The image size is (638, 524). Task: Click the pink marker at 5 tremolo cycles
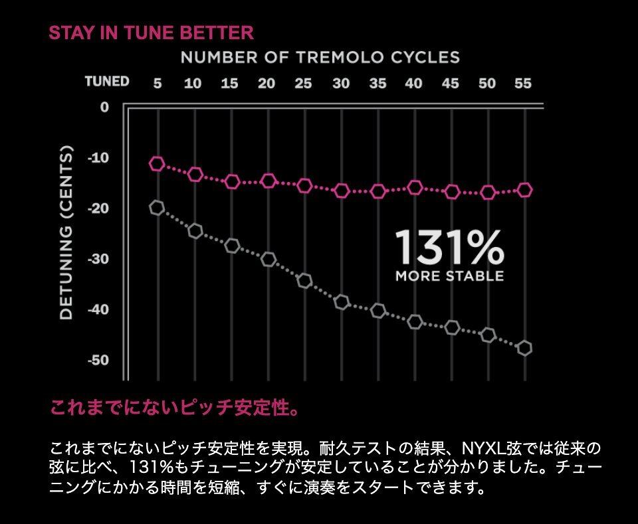tap(157, 164)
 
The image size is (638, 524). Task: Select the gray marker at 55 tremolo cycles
tap(524, 348)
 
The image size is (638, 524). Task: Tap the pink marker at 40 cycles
tap(415, 188)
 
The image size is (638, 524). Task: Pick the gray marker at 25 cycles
tap(304, 280)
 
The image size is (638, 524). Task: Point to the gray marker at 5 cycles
tap(157, 208)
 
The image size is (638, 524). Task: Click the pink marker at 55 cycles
tap(524, 190)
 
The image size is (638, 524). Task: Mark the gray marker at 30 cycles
tap(342, 302)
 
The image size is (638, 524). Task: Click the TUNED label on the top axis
tap(106, 82)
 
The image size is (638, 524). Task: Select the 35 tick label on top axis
tap(377, 84)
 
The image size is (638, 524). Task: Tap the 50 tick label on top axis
tap(486, 84)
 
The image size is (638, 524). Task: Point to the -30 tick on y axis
tap(98, 258)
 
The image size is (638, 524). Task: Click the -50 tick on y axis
tap(98, 360)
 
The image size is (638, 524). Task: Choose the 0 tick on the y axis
tap(104, 106)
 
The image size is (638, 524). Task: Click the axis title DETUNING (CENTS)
tap(67, 234)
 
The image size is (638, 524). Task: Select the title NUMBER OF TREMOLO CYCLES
tap(320, 58)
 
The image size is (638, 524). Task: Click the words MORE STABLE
tap(449, 276)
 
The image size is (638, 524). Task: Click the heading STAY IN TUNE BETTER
tap(152, 33)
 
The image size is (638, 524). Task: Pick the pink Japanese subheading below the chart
tap(175, 407)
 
